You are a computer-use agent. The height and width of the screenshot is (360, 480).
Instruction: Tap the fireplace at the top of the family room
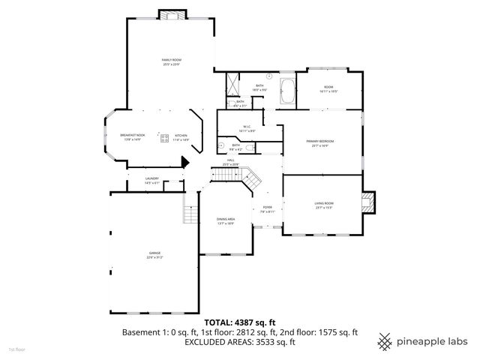click(x=170, y=15)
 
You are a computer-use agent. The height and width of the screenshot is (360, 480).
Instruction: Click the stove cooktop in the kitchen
click(x=163, y=136)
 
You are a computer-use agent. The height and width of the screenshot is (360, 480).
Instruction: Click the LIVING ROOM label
click(x=323, y=205)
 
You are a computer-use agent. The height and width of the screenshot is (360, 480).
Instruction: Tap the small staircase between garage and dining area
click(x=189, y=213)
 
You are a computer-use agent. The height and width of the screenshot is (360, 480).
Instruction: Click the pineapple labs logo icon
click(x=385, y=340)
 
